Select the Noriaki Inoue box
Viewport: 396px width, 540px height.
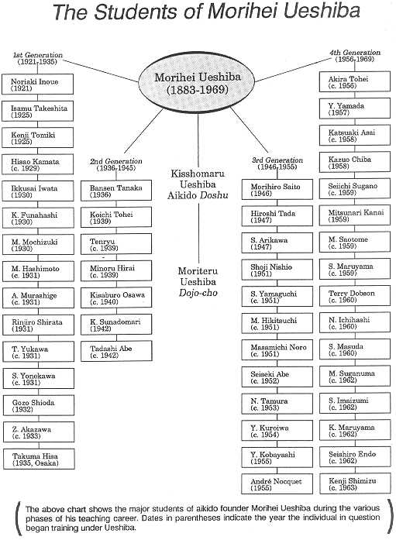coord(37,84)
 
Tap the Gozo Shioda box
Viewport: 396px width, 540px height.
coord(39,405)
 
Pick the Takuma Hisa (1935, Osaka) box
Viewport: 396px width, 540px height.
coord(39,459)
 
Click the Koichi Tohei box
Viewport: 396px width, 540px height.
coord(116,217)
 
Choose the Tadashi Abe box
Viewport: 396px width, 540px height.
coord(116,351)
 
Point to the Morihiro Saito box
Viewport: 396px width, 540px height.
coord(277,189)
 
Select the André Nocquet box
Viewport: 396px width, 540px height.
coord(277,484)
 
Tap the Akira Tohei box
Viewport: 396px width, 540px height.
coord(355,81)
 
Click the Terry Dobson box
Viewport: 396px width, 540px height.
coord(355,296)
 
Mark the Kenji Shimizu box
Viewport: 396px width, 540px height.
coord(356,483)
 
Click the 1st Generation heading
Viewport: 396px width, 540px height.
coord(37,58)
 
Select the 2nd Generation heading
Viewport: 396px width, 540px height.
coord(116,164)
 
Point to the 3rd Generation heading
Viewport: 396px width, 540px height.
coord(277,163)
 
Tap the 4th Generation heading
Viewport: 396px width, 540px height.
coord(355,56)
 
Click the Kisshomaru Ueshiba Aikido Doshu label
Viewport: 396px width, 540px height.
coord(198,184)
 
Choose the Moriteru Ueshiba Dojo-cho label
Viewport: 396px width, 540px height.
coord(198,282)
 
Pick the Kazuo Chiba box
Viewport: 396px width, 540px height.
coord(355,162)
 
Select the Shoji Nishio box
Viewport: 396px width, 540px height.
coord(277,270)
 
